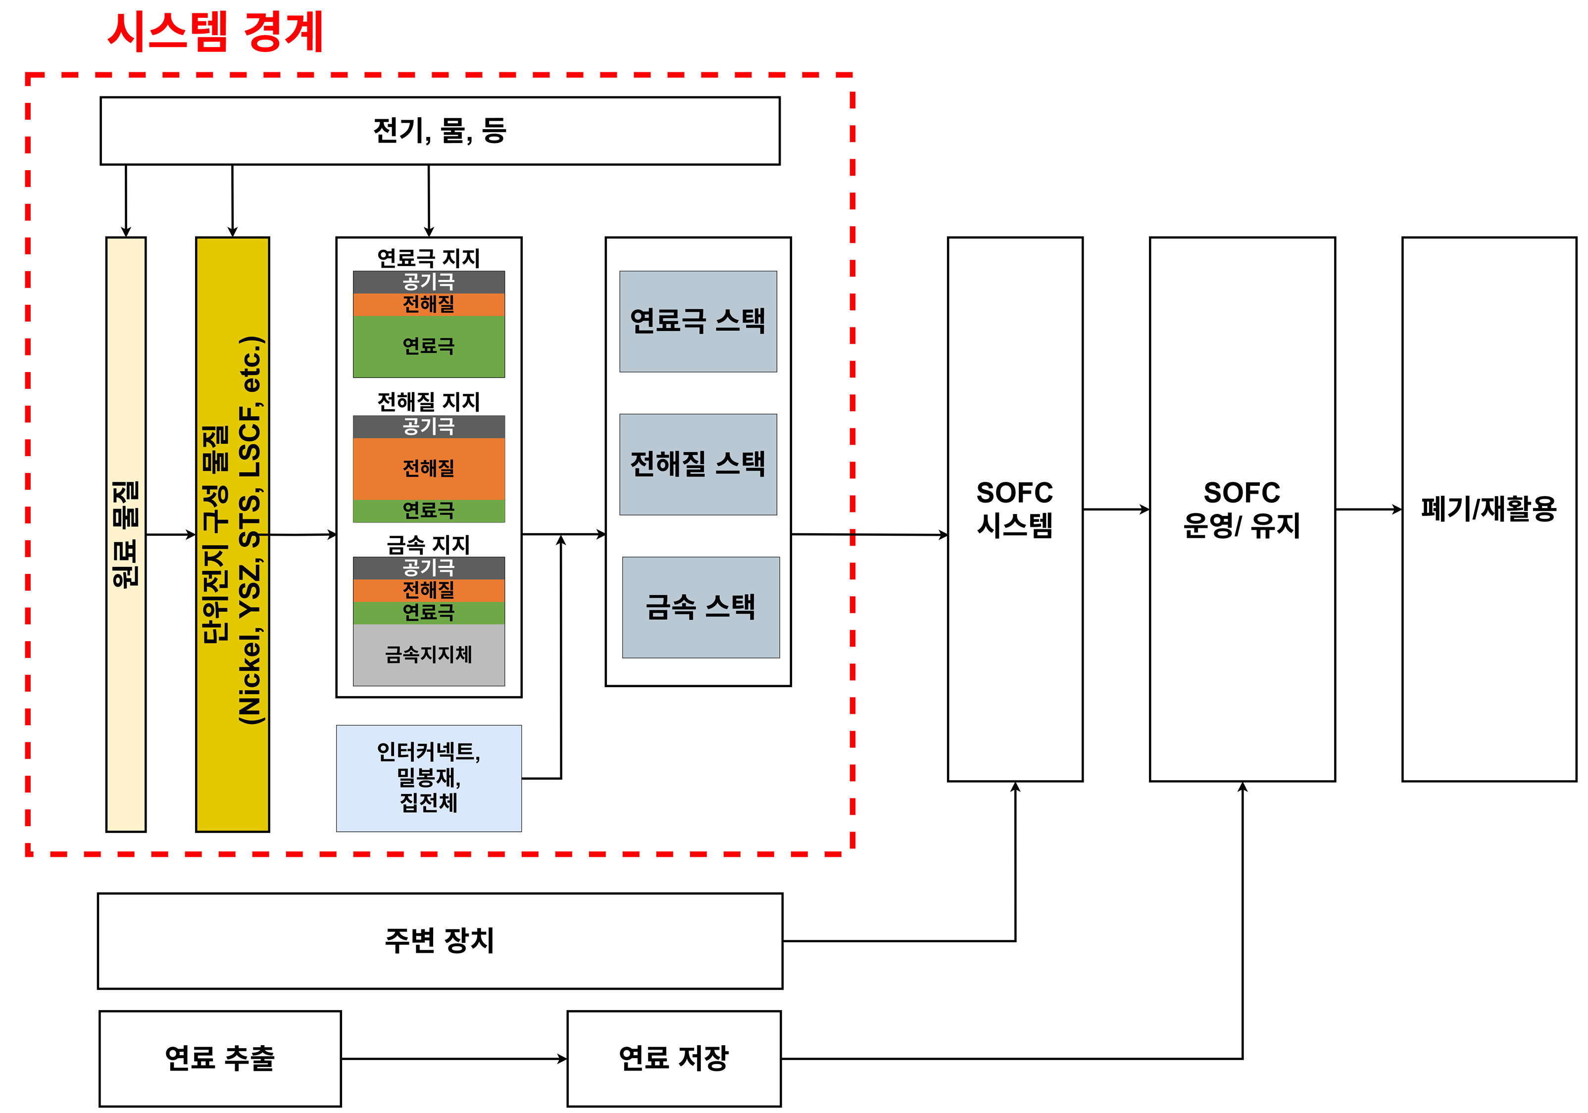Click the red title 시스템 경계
click(215, 32)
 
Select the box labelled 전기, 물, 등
click(440, 131)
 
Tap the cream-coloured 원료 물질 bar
click(126, 534)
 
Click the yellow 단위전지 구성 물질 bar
click(232, 534)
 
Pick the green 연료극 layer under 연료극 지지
click(429, 346)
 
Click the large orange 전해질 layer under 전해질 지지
click(429, 469)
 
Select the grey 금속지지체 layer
click(429, 654)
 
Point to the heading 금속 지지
click(429, 545)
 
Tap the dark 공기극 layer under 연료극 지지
click(429, 282)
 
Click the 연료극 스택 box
click(698, 322)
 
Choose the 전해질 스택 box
click(698, 464)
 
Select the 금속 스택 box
click(700, 607)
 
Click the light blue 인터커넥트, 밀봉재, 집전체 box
click(429, 779)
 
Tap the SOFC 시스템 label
click(1015, 510)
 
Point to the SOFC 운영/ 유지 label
click(1242, 510)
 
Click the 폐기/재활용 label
click(1489, 509)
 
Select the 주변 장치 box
click(440, 941)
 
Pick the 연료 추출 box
click(220, 1059)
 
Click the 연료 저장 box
click(674, 1059)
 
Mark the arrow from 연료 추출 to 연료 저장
click(454, 1059)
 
